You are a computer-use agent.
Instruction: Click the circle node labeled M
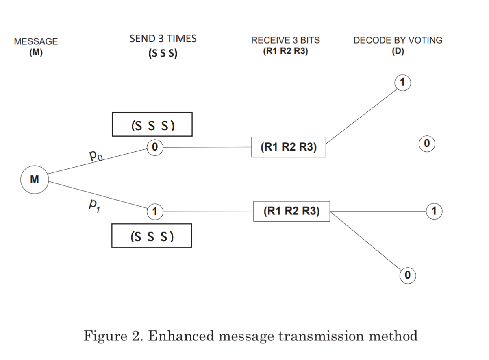pos(35,179)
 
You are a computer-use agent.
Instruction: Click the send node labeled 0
pos(155,147)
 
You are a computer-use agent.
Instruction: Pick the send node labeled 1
pos(155,212)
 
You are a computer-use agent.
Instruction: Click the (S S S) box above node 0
pos(152,124)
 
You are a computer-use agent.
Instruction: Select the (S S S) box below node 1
pos(152,236)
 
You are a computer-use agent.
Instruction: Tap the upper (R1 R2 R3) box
pos(288,147)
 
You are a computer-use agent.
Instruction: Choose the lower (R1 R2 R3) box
pos(291,211)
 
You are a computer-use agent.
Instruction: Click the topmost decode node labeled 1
pos(402,83)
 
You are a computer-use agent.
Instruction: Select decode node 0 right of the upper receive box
pos(427,143)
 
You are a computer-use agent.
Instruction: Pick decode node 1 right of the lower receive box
pos(434,211)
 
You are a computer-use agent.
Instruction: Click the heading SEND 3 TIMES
pos(163,39)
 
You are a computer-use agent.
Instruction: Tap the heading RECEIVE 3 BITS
pos(285,40)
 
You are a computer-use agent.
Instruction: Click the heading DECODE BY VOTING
pos(398,40)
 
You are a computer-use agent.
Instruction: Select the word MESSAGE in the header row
pos(36,41)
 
